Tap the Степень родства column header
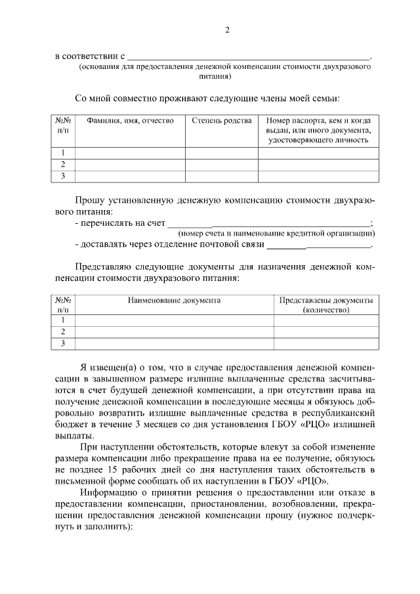tap(221, 121)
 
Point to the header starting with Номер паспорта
tap(318, 130)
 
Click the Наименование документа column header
tap(174, 300)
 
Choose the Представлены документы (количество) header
tap(325, 305)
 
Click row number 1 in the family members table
tap(63, 153)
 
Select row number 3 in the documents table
tap(63, 343)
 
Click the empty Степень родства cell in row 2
tap(221, 164)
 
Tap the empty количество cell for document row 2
tap(325, 331)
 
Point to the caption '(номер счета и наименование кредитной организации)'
tap(276, 233)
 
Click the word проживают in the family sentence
tap(180, 98)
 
